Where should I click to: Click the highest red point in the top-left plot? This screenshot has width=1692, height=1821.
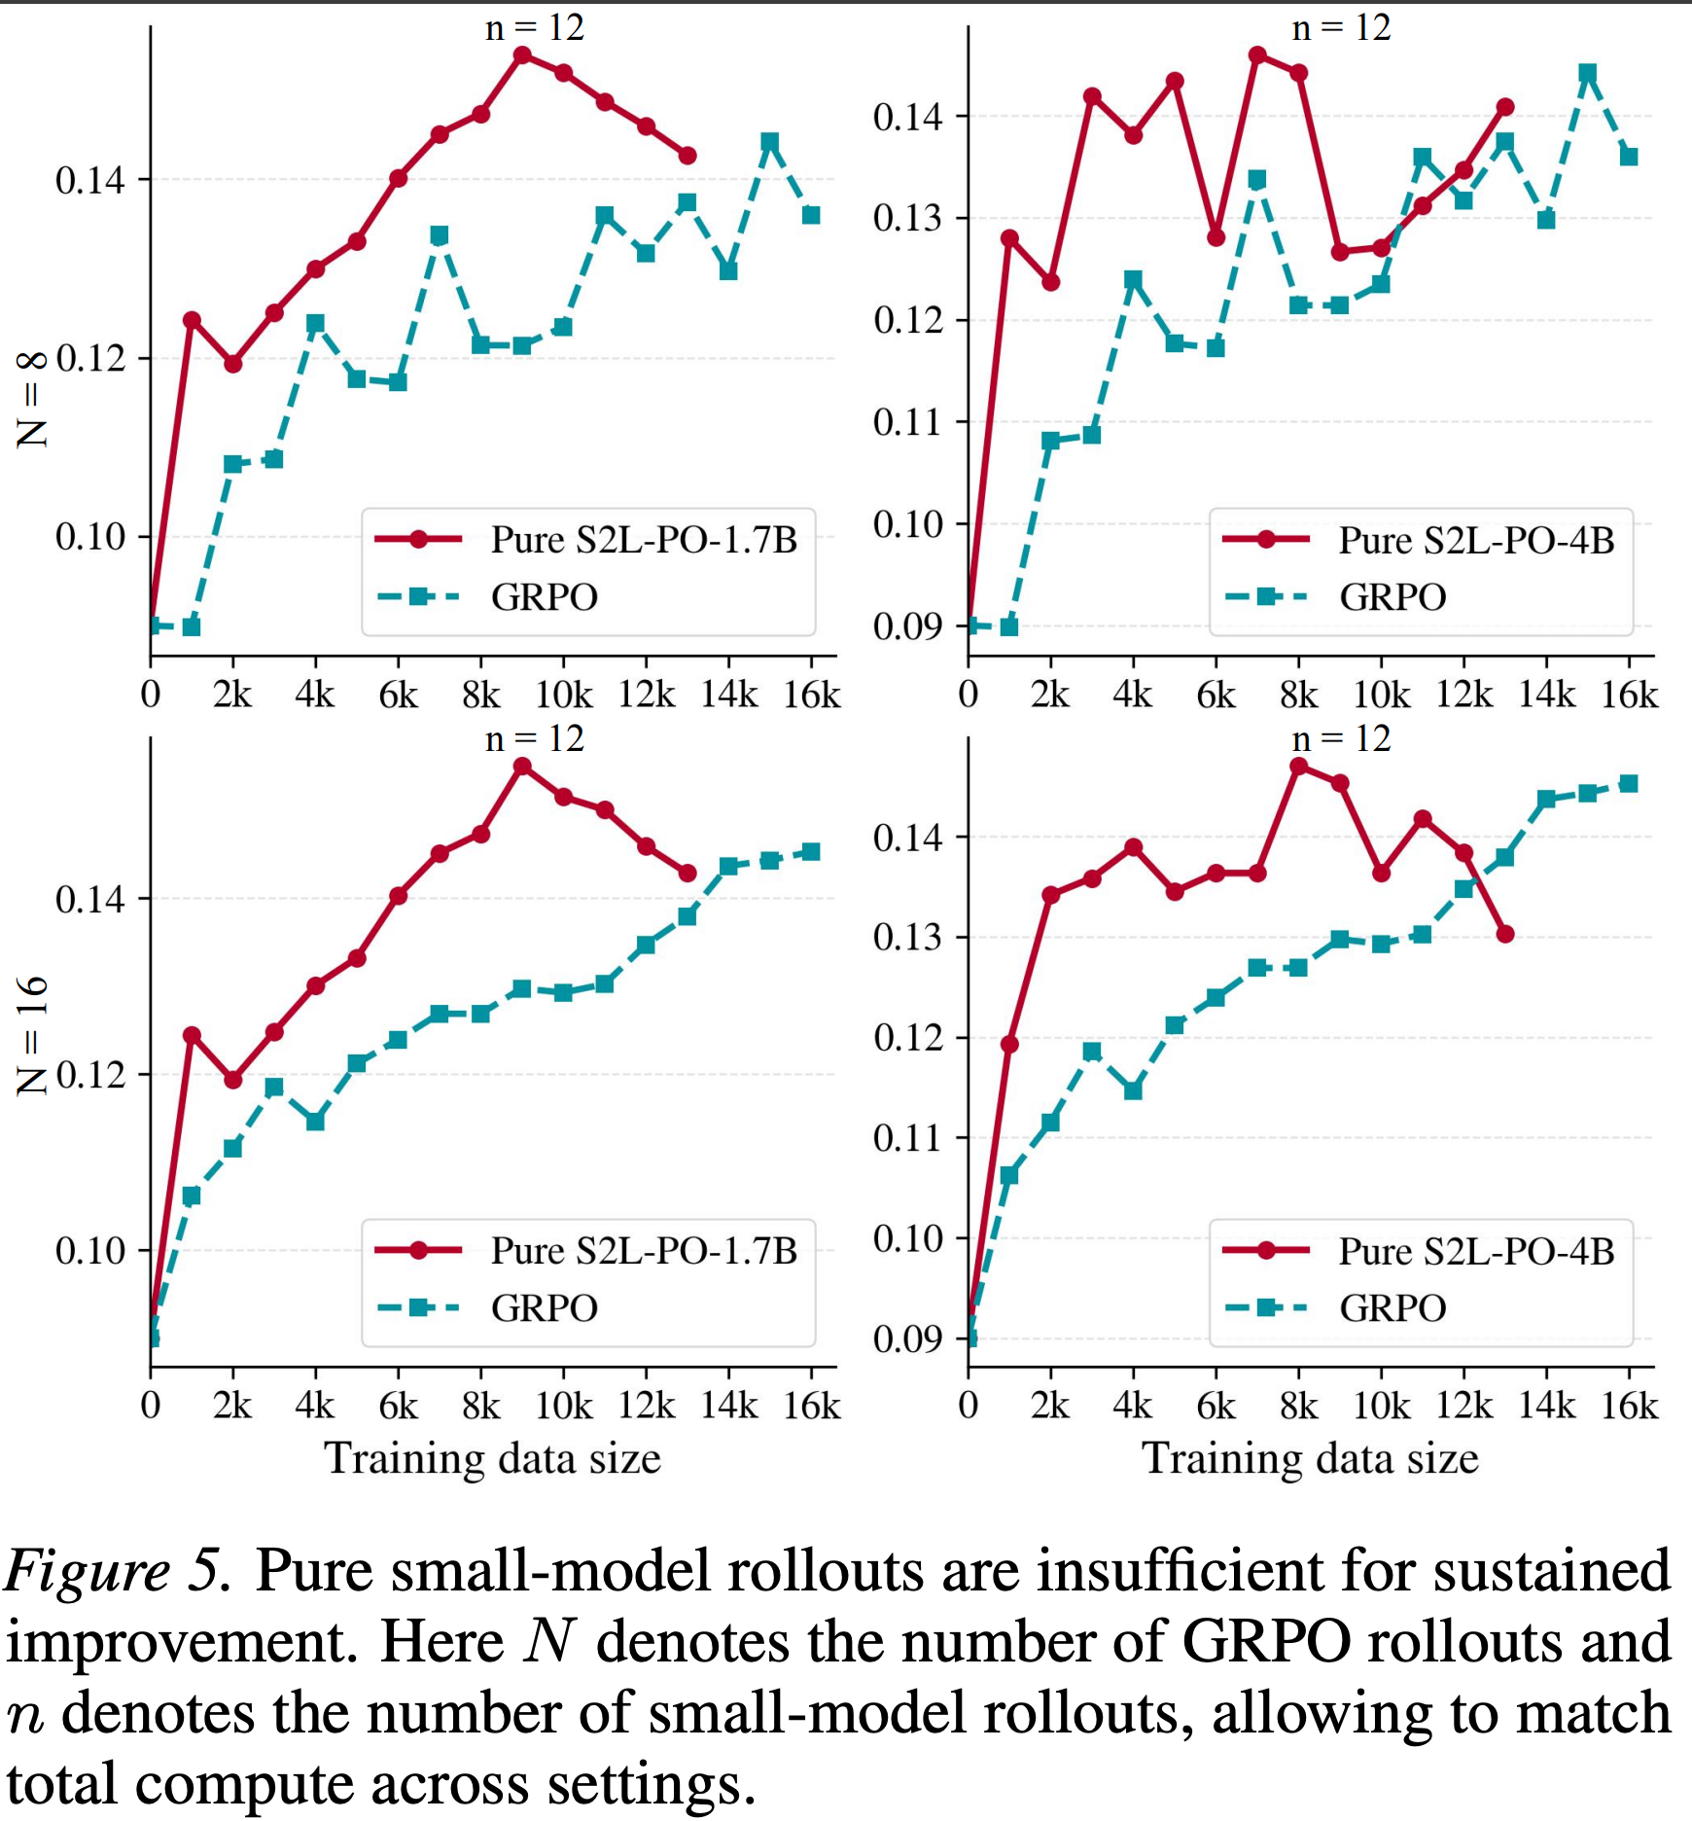coord(522,55)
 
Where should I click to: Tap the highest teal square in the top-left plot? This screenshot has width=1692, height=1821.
coord(770,143)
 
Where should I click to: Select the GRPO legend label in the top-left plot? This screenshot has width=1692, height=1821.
coord(545,596)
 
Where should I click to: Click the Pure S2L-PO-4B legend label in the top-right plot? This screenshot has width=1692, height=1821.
coord(1476,540)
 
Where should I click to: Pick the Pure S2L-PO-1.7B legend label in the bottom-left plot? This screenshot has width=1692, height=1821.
coord(644,1251)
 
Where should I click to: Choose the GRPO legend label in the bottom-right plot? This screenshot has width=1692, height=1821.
coord(1392,1307)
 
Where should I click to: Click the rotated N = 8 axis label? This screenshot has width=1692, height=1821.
coord(31,399)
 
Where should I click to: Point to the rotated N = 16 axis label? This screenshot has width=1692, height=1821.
coord(31,1035)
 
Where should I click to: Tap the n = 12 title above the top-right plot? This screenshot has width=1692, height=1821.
coord(1341,28)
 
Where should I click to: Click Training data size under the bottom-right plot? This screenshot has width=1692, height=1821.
coord(1310,1458)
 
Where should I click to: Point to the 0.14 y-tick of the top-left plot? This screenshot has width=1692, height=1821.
coord(90,180)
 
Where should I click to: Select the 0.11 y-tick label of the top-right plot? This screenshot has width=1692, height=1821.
coord(908,422)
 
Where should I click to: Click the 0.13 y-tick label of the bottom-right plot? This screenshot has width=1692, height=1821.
coord(908,937)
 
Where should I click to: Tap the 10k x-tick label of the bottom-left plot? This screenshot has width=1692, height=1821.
coord(563,1406)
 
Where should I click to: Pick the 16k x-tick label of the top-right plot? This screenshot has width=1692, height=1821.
coord(1630,695)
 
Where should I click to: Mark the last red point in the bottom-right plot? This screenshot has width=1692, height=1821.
coord(1505,934)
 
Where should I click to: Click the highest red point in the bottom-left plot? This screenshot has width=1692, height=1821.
coord(522,767)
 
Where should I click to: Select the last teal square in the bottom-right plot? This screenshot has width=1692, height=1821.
coord(1629,784)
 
